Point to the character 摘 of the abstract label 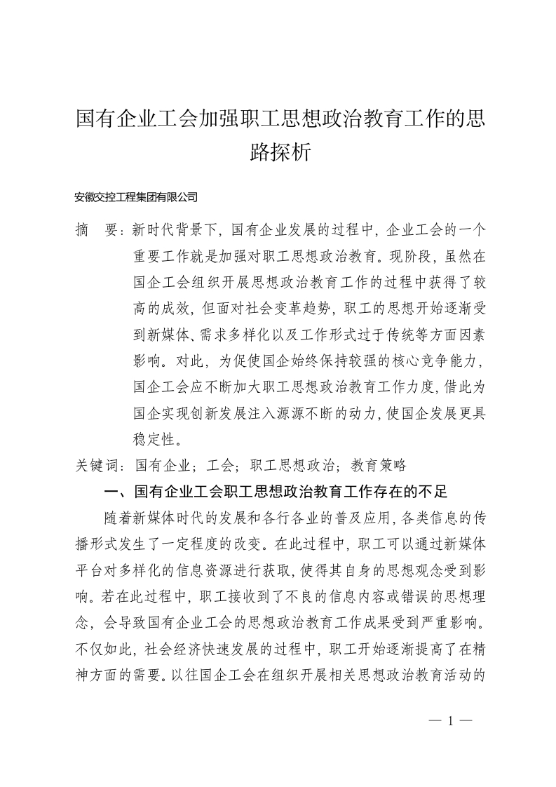pyautogui.click(x=83, y=229)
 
